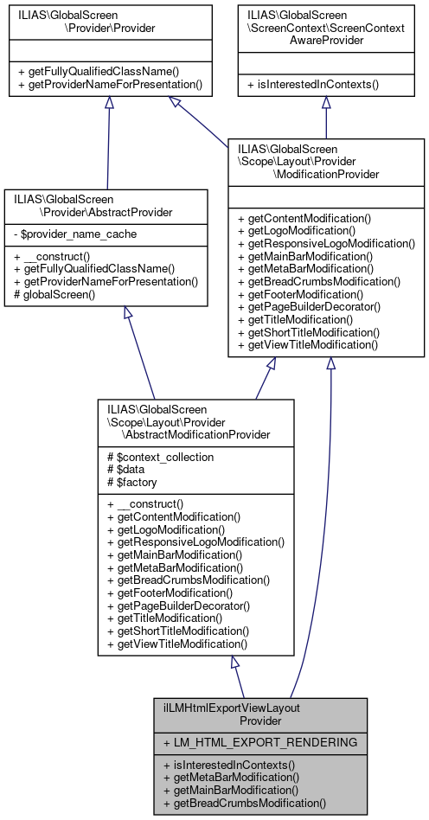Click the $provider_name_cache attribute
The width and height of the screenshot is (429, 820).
point(64,234)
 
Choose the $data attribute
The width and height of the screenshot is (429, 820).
point(129,468)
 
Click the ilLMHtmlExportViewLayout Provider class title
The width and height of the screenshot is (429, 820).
point(260,714)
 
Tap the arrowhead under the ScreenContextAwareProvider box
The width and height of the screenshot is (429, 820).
point(326,101)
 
